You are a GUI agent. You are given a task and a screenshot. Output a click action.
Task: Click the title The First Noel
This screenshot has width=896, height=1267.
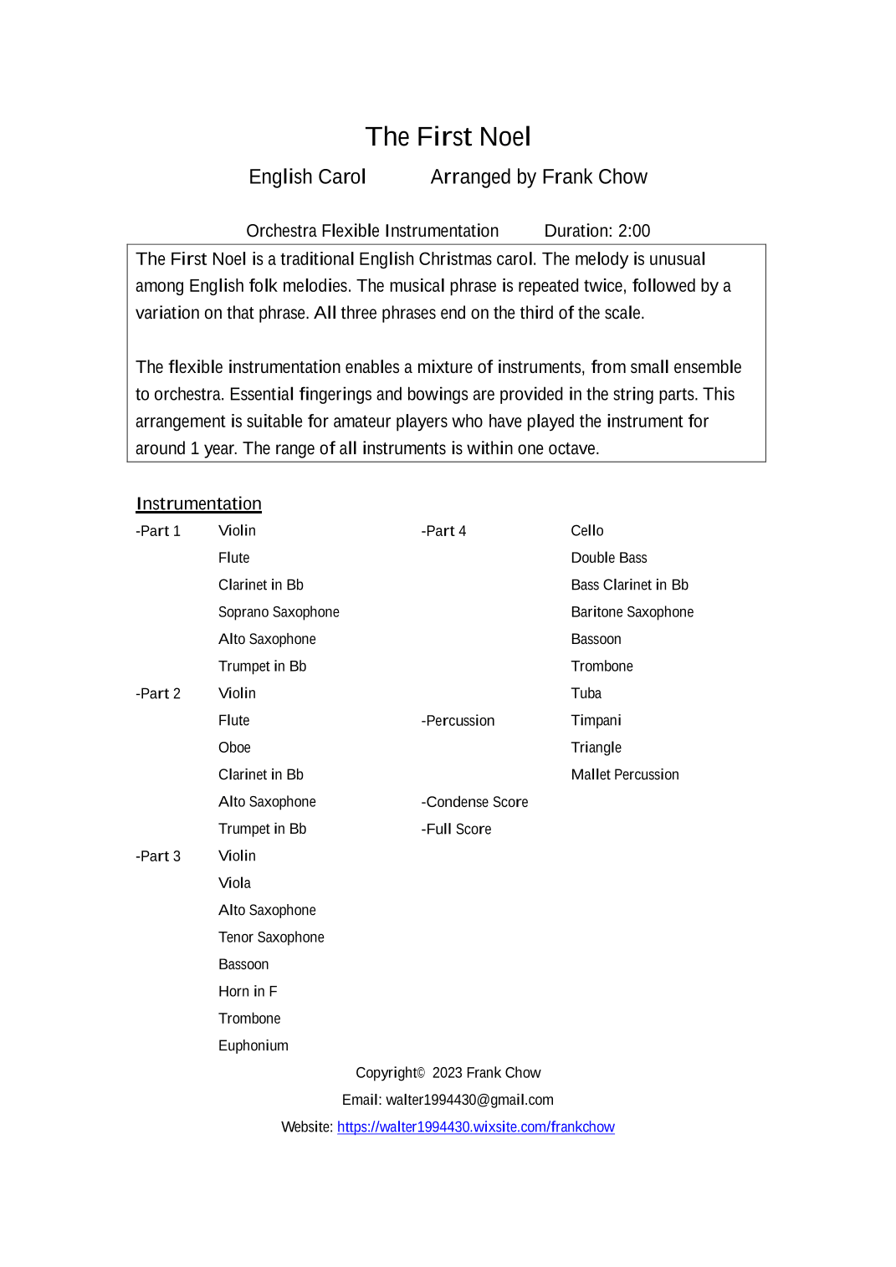(x=448, y=136)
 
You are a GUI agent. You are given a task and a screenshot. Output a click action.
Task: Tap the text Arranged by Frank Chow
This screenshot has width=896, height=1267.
(x=538, y=177)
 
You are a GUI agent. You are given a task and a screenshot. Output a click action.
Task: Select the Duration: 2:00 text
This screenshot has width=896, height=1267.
(x=596, y=231)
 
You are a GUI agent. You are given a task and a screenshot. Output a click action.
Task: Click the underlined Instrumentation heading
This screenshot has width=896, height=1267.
(x=198, y=503)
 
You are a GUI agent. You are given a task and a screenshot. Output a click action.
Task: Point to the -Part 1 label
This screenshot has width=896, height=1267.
(x=158, y=531)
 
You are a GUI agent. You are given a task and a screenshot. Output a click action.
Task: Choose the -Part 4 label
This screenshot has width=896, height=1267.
(x=443, y=531)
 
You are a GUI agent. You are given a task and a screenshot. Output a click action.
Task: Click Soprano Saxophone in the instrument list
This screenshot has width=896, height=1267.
(x=279, y=612)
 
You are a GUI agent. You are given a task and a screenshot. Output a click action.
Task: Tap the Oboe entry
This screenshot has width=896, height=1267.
(x=234, y=748)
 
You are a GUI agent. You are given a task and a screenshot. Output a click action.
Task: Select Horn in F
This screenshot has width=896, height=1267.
(x=248, y=991)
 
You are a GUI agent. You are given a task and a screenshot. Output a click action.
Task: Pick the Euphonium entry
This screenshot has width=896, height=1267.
(x=253, y=1045)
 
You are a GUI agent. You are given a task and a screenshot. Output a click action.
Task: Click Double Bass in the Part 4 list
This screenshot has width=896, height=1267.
(x=608, y=558)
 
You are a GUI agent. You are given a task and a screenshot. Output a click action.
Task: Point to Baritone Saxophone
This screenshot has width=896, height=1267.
(x=632, y=612)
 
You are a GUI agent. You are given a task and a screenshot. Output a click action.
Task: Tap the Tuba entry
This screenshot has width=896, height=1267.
(x=586, y=693)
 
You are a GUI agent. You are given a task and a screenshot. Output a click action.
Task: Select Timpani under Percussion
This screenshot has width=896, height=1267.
(x=596, y=721)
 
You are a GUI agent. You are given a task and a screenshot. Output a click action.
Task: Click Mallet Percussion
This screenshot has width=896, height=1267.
(x=624, y=774)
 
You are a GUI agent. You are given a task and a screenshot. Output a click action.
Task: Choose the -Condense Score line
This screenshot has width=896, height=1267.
(x=474, y=802)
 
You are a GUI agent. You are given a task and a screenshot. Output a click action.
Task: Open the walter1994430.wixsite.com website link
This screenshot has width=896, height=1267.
(x=475, y=1127)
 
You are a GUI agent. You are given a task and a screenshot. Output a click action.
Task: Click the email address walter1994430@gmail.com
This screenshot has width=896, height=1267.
(x=469, y=1100)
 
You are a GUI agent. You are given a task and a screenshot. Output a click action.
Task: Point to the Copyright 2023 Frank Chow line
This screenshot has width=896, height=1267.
(x=448, y=1073)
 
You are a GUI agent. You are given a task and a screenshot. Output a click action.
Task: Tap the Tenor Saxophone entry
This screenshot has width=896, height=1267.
(x=271, y=937)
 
